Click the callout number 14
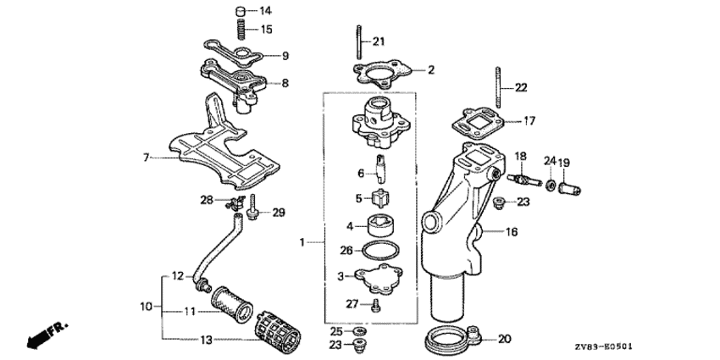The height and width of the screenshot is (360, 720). [266, 10]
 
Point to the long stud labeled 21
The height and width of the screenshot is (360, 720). [358, 42]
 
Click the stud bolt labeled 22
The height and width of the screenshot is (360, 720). [497, 87]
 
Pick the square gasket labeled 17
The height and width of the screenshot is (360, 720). [477, 125]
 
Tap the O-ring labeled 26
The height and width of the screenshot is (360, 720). [380, 251]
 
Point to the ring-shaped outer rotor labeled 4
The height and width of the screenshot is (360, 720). [381, 225]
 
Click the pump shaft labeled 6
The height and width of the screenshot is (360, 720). [380, 169]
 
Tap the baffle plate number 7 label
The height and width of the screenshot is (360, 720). [146, 158]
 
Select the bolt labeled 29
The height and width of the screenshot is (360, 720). [252, 208]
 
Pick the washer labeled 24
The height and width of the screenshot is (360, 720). [550, 185]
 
